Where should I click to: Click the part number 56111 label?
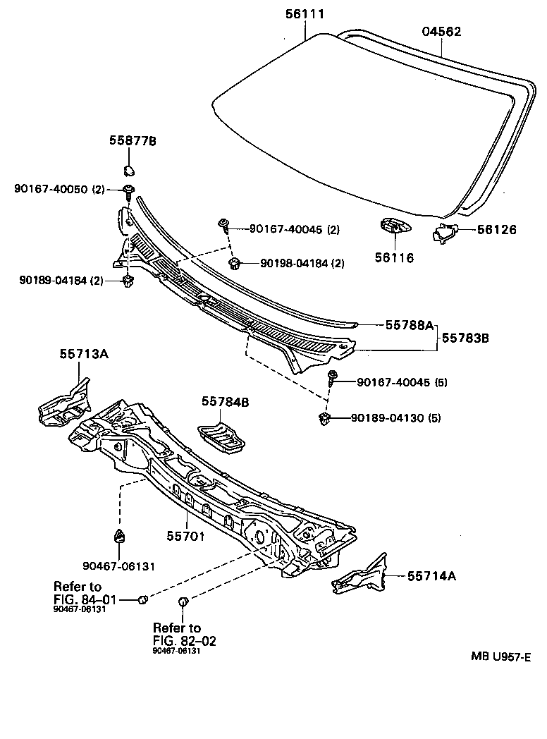(306, 13)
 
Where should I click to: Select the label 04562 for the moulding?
(441, 31)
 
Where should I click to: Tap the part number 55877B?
(133, 141)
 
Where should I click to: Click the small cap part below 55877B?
(128, 170)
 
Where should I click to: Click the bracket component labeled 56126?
(443, 232)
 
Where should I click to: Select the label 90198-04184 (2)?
(302, 264)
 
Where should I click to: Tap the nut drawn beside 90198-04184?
(235, 264)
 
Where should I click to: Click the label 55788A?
(409, 325)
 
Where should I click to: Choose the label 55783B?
(465, 338)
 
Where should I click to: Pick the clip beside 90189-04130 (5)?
(326, 418)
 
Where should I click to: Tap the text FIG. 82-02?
(184, 640)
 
